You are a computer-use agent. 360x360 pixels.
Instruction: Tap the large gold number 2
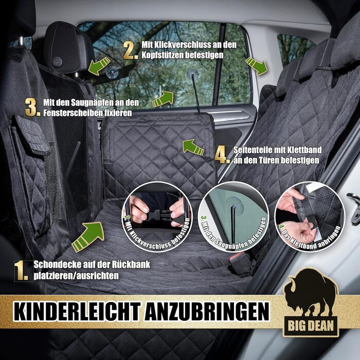(131, 50)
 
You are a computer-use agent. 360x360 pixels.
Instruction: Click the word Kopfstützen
(165, 54)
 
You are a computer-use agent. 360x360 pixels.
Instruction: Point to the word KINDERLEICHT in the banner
(70, 312)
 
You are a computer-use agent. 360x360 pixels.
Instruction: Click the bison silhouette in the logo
(311, 293)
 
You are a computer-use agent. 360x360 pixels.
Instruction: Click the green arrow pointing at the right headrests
(256, 65)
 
